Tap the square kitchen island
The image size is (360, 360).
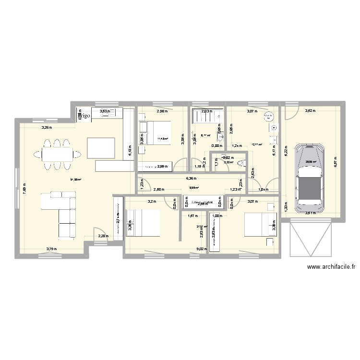[101, 147]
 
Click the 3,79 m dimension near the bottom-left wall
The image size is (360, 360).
[51, 249]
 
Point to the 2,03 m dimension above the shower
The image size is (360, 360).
[205, 112]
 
